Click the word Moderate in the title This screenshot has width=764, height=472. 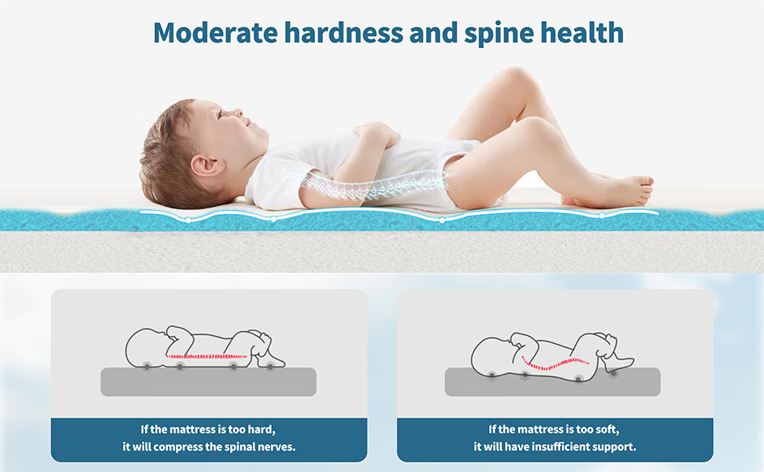pos(215,32)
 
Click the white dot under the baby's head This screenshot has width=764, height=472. pos(188,220)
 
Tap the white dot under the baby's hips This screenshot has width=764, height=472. pos(442,221)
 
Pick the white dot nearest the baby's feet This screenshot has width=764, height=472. pos(603,216)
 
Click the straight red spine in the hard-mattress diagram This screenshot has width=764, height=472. pos(206,356)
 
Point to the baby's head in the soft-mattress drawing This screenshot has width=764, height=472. pos(490,356)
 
